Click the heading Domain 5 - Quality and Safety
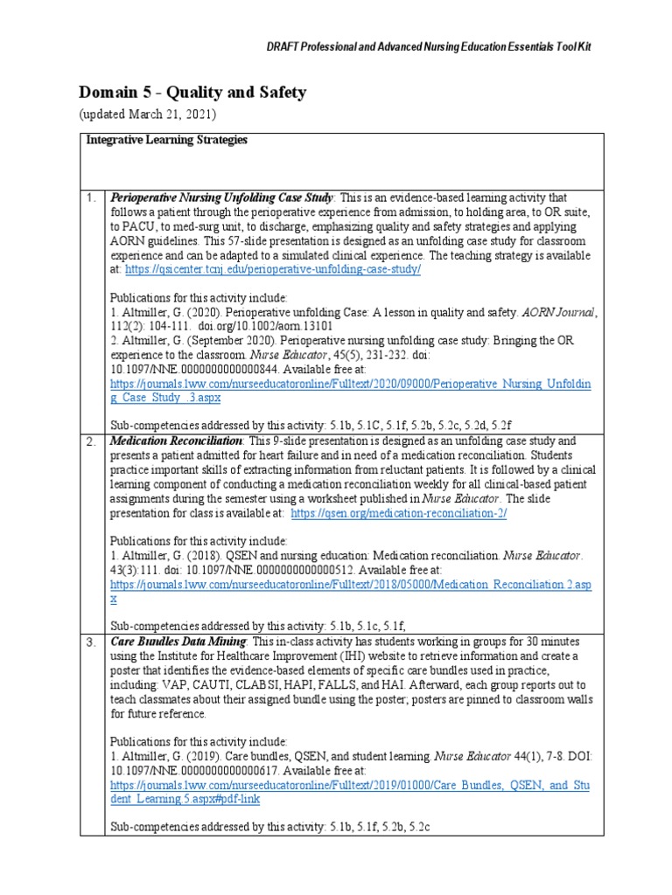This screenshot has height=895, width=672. click(192, 93)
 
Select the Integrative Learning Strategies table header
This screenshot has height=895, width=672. click(166, 140)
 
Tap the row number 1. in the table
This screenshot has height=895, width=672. click(91, 198)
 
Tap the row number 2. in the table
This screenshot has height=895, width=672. click(91, 441)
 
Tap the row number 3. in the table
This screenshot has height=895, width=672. click(91, 642)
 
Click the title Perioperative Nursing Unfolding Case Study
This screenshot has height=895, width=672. click(222, 198)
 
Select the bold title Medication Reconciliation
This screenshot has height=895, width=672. click(176, 441)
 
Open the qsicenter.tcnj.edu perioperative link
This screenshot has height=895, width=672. click(273, 270)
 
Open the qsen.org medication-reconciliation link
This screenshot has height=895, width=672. click(398, 513)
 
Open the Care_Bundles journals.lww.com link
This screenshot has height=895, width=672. click(350, 792)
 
